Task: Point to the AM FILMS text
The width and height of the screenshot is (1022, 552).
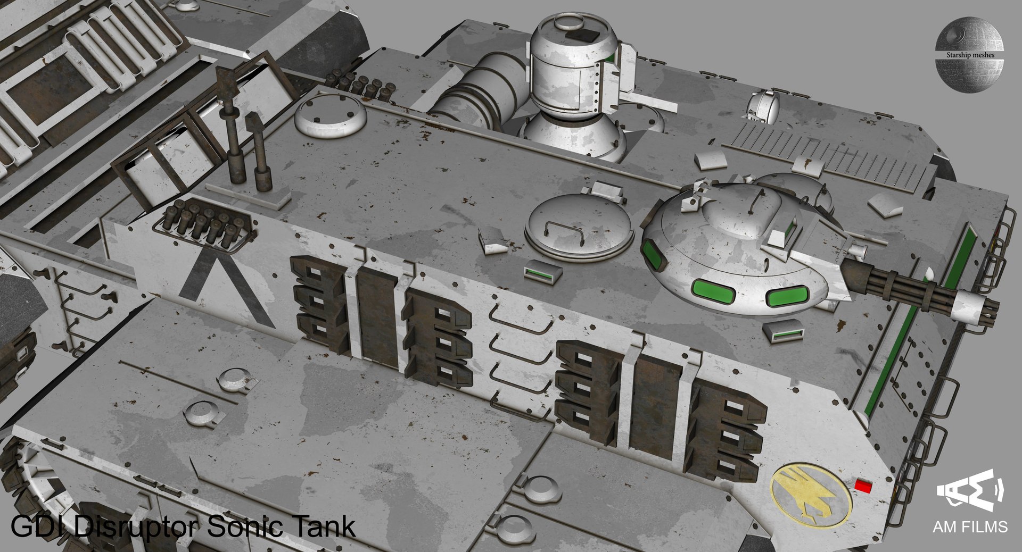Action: (970, 526)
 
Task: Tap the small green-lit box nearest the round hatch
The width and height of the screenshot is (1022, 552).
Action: (542, 272)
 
